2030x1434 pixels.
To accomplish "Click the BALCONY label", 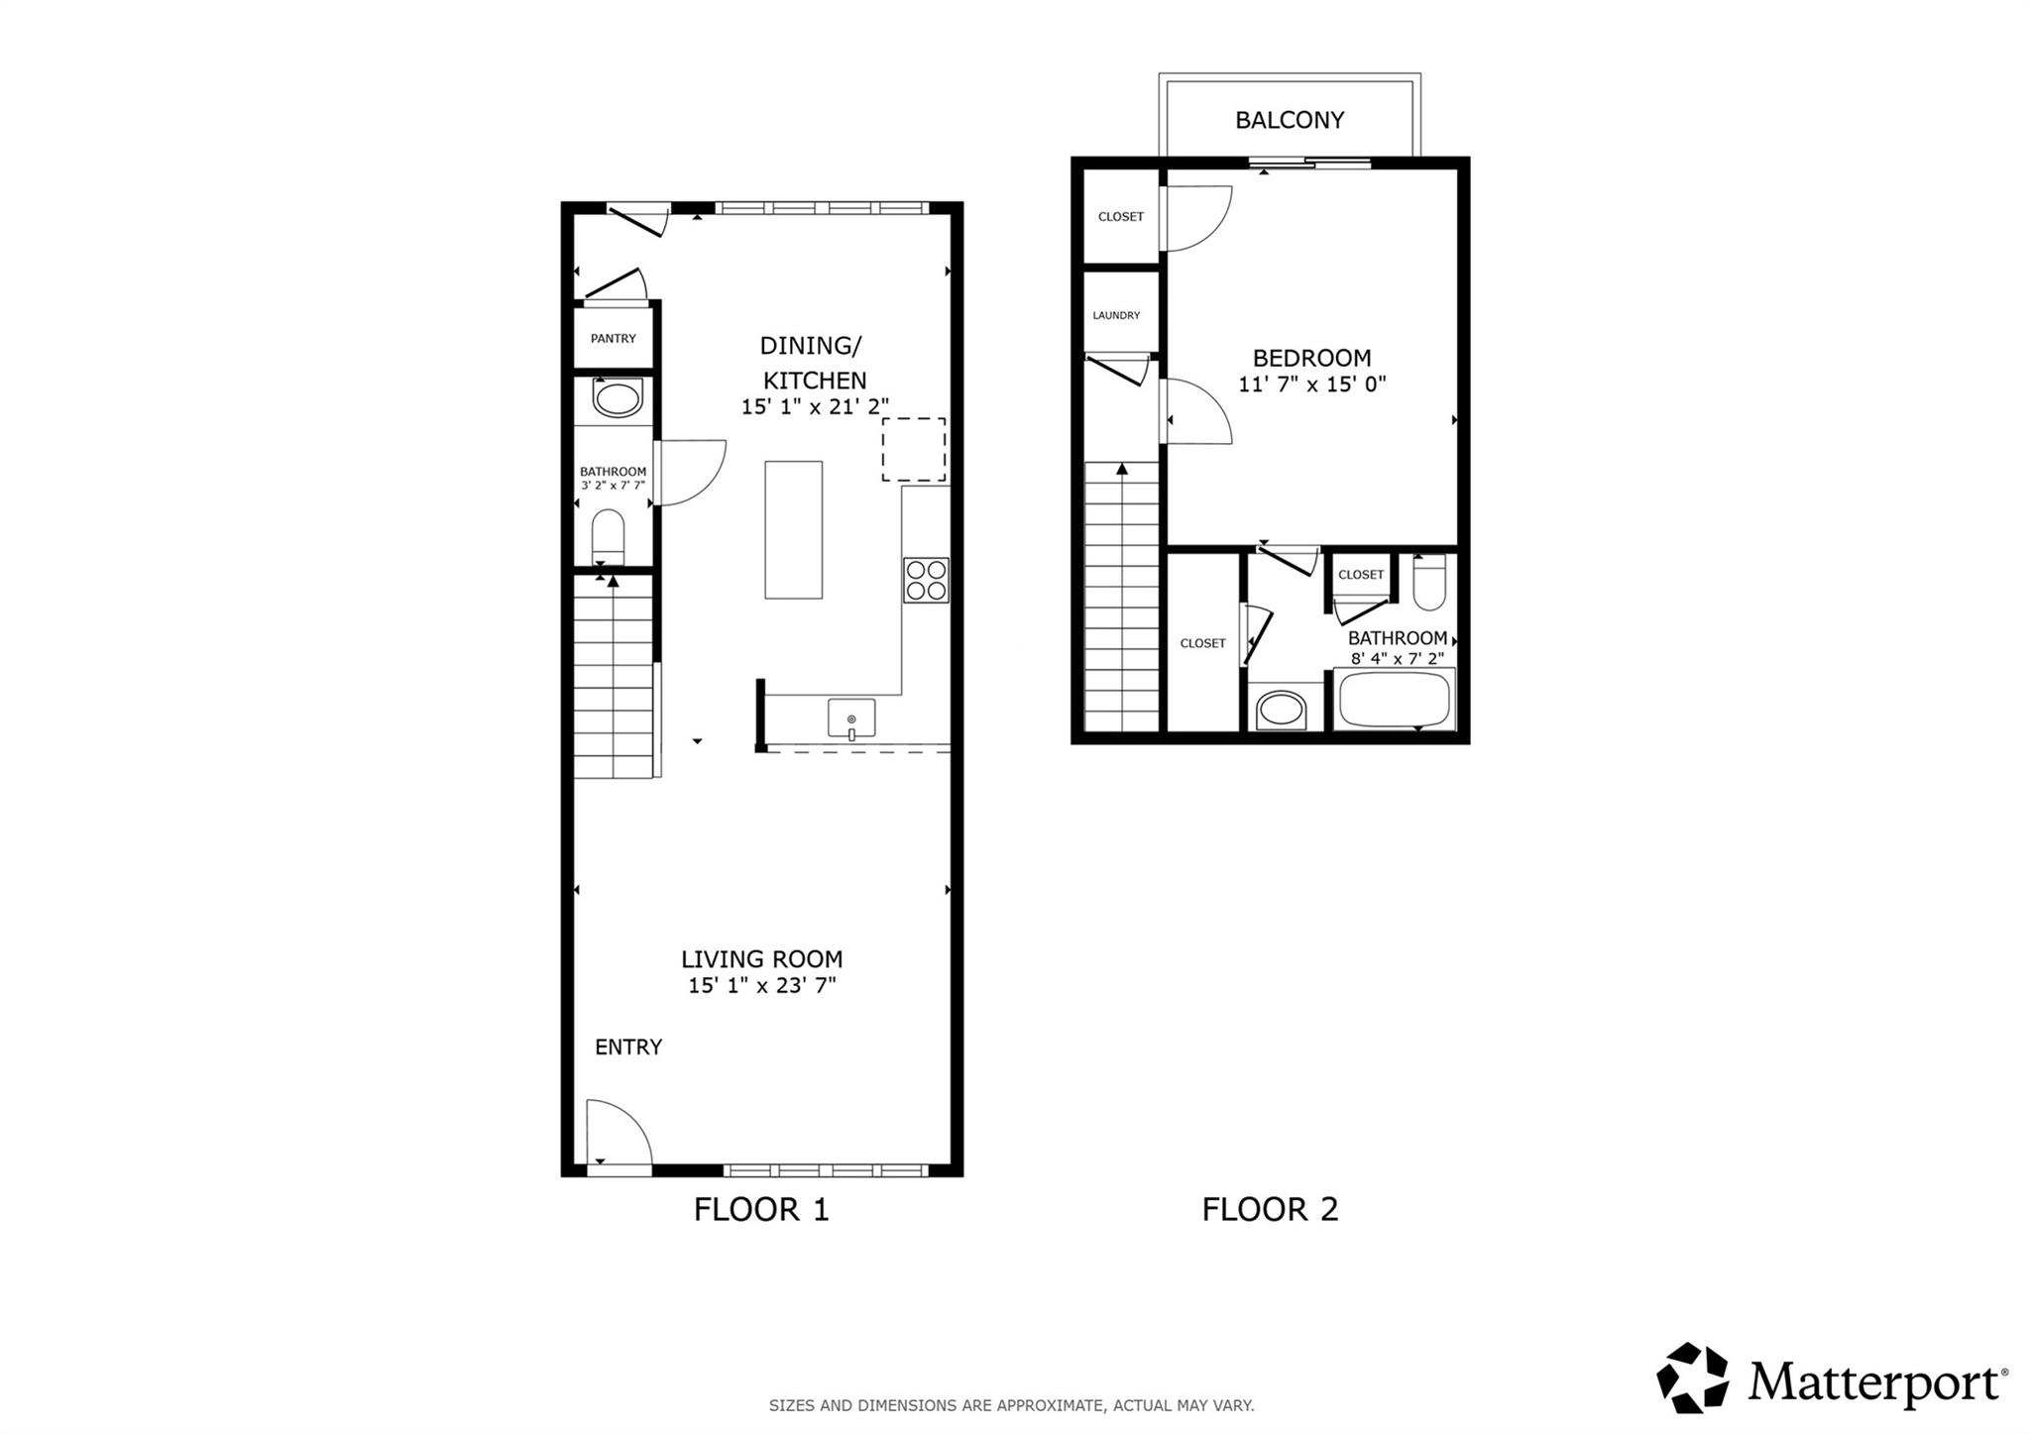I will (1289, 120).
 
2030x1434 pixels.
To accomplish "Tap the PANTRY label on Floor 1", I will (613, 338).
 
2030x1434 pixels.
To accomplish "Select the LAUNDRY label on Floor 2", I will (1116, 315).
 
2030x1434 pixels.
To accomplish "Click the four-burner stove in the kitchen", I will (926, 581).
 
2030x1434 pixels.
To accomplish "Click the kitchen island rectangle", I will (793, 529).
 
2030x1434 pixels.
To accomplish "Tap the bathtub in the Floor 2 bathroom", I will (1393, 700).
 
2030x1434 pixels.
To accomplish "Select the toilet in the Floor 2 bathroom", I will (1428, 583).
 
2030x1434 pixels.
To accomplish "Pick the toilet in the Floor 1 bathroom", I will (608, 536).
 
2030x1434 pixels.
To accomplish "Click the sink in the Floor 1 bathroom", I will (617, 400).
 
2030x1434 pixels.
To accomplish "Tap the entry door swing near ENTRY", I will (617, 1135).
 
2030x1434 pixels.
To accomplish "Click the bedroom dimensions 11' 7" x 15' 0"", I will (1311, 385).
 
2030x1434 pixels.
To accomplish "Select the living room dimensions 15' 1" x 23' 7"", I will (762, 985).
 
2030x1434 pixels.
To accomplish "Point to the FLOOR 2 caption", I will (1270, 1209).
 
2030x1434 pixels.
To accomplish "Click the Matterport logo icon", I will (1692, 1378).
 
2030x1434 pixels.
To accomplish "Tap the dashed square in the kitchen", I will (914, 450).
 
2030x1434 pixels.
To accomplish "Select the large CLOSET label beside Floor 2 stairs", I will (1202, 643).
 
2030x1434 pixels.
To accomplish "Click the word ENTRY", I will (627, 1047).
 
